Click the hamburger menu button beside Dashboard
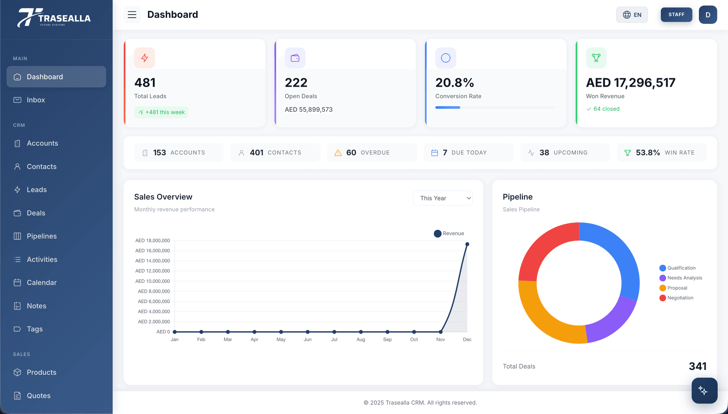click(x=132, y=15)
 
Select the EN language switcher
click(x=632, y=15)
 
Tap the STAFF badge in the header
click(x=676, y=15)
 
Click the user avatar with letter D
click(x=707, y=15)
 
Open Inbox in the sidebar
click(x=36, y=100)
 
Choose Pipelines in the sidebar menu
click(x=42, y=236)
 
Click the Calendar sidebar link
click(x=42, y=283)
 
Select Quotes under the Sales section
click(x=38, y=396)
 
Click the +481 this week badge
click(x=161, y=112)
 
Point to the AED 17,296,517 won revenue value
click(x=630, y=83)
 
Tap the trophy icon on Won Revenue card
click(x=596, y=58)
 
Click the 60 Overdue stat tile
click(x=371, y=153)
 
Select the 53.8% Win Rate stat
click(x=661, y=153)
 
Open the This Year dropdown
click(x=443, y=198)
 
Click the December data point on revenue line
click(x=467, y=244)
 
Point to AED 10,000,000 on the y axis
click(x=152, y=281)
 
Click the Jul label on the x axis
click(x=334, y=340)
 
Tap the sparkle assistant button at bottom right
click(x=704, y=391)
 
